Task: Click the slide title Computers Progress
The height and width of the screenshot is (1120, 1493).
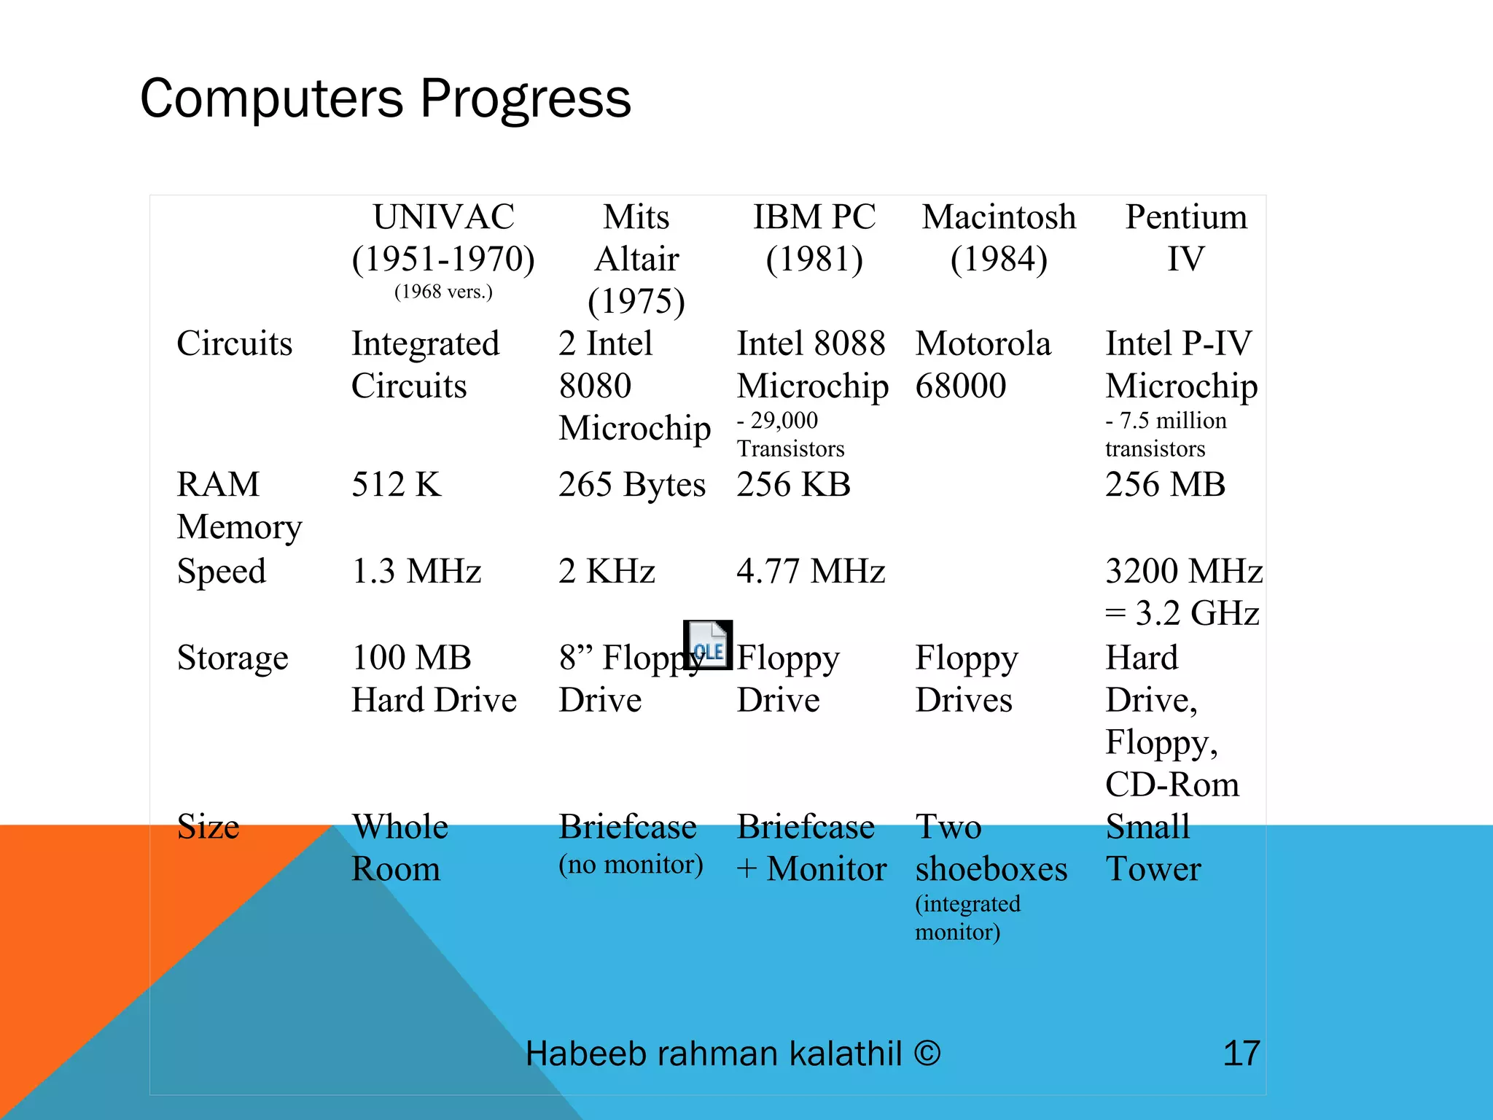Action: [x=385, y=99]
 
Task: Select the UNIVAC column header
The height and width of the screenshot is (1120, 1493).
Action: [x=443, y=238]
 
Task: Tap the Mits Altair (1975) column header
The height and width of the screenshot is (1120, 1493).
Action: [x=636, y=259]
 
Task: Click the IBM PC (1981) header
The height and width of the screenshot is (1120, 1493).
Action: [x=814, y=238]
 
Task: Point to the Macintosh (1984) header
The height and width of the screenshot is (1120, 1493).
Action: [x=999, y=238]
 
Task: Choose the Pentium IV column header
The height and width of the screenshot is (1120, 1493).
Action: [x=1186, y=238]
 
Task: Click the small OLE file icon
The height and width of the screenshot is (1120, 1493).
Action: [x=707, y=645]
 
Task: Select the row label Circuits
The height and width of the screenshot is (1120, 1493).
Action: [x=234, y=343]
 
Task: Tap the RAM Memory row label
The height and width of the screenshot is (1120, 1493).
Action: [x=238, y=505]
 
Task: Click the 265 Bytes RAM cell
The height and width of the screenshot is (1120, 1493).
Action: [x=632, y=485]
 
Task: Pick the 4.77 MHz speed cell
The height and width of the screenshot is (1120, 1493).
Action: [x=811, y=571]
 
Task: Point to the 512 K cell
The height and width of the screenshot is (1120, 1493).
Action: [x=396, y=485]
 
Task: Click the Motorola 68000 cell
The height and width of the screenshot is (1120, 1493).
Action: [x=983, y=365]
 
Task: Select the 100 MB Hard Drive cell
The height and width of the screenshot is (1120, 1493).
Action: [x=434, y=678]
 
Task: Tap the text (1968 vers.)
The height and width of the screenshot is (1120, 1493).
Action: [x=443, y=292]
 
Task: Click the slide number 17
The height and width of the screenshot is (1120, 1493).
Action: [x=1241, y=1054]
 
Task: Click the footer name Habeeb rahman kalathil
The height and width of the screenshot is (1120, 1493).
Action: [x=714, y=1054]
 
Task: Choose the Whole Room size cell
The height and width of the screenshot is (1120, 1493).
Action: [x=399, y=847]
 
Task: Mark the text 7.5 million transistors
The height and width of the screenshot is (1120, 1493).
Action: [x=1165, y=435]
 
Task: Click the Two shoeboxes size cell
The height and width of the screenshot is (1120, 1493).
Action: [x=991, y=847]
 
